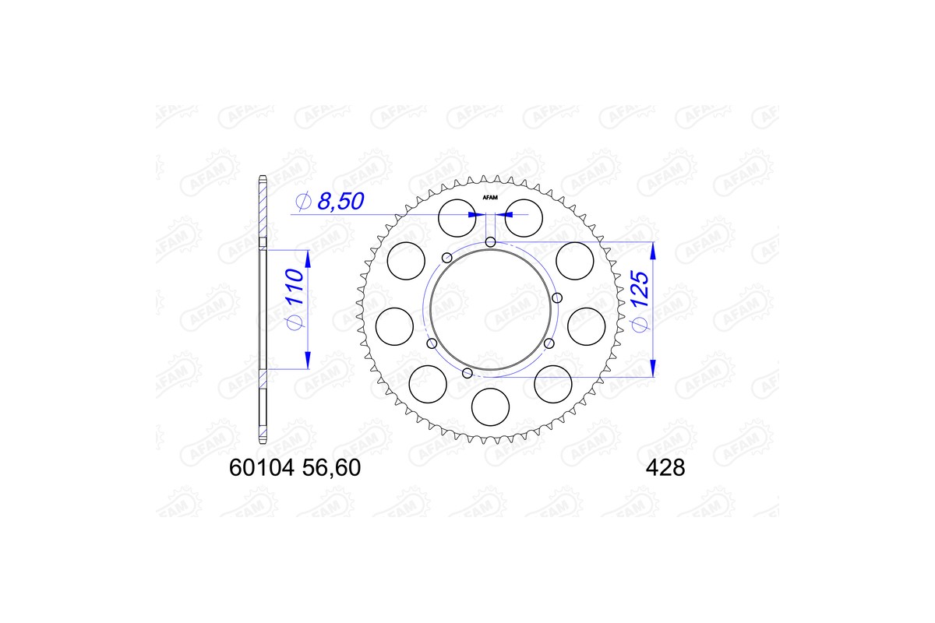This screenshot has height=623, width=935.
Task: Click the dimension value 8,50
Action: point(341,202)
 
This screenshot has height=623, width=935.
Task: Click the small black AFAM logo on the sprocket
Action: point(490,197)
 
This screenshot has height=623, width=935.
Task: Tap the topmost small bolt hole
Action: point(490,242)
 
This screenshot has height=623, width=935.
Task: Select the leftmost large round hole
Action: point(394,326)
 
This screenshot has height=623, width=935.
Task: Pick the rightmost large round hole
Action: point(586,326)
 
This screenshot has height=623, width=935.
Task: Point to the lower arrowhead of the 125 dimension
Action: point(653,368)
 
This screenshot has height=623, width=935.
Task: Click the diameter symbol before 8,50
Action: point(302,203)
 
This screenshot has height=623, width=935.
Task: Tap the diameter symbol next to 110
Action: point(293,323)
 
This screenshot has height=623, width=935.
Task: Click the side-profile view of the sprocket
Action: point(263,311)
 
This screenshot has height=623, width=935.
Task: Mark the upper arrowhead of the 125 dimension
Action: point(653,251)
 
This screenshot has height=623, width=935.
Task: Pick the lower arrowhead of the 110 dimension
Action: point(307,360)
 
